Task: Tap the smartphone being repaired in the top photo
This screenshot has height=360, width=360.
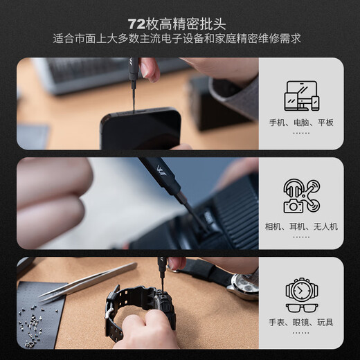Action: pyautogui.click(x=140, y=129)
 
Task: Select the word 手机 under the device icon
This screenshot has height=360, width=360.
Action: pyautogui.click(x=278, y=123)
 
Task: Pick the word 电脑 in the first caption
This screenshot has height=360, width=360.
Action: pyautogui.click(x=301, y=123)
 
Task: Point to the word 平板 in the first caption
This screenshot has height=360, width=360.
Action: pyautogui.click(x=325, y=123)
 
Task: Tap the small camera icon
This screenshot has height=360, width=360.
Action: pyautogui.click(x=294, y=206)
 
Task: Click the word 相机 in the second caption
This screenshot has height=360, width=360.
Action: pyautogui.click(x=274, y=226)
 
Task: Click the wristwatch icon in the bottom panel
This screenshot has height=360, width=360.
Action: pyautogui.click(x=301, y=289)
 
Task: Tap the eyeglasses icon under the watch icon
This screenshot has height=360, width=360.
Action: pyautogui.click(x=301, y=307)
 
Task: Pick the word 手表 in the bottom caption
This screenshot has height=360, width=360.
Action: pyautogui.click(x=278, y=323)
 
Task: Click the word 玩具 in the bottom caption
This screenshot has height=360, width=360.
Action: pyautogui.click(x=325, y=323)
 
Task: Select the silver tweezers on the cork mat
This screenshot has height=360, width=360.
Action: pyautogui.click(x=87, y=281)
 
